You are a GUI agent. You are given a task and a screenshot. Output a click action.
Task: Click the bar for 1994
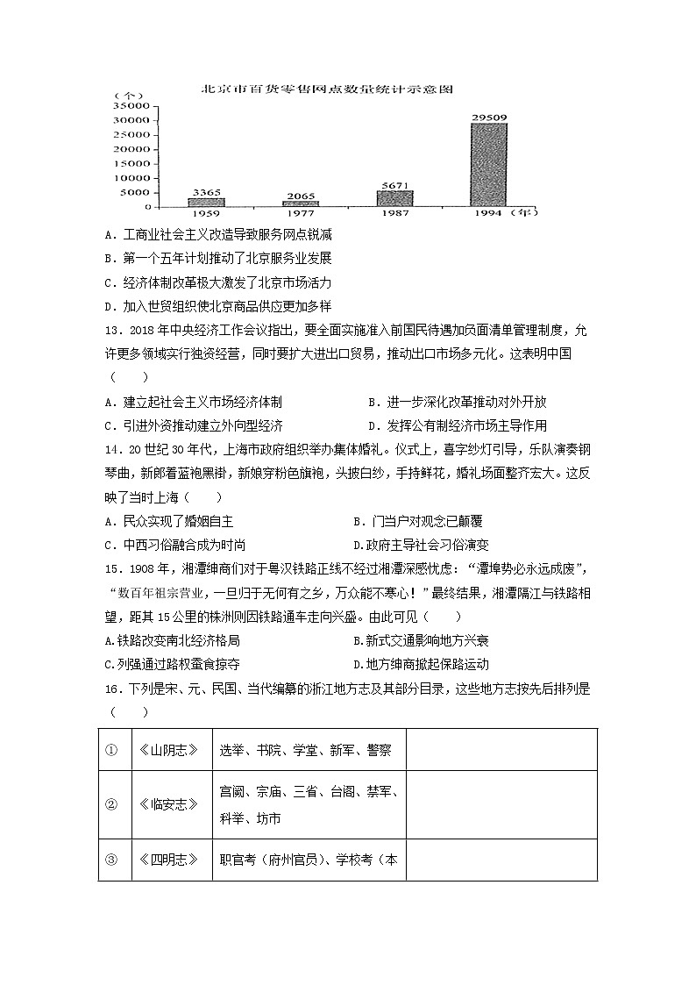pos(488,165)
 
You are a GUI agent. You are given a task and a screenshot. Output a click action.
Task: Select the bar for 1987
pos(394,198)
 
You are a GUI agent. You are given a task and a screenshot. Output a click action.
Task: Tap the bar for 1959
pos(206,202)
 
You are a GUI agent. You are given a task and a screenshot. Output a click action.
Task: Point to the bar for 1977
pos(301,203)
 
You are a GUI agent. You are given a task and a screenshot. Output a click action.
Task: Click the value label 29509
pos(488,116)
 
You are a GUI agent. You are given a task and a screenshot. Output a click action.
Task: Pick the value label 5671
pos(394,184)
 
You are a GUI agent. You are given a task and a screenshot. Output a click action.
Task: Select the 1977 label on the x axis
pos(301,213)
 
